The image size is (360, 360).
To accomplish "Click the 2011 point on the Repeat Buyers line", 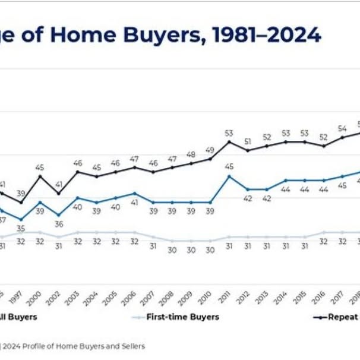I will coord(229,142).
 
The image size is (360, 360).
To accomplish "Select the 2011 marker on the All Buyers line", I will coord(229,176).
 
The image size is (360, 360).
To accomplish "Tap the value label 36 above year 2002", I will coord(59,224).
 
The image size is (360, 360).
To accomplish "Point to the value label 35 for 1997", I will coord(21,229).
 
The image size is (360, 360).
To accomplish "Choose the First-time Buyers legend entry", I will coord(175,317).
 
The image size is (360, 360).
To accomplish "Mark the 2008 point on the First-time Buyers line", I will coord(172,241).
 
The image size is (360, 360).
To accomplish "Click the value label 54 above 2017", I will coord(342,128).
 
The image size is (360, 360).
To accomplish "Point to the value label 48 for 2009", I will coord(191,154).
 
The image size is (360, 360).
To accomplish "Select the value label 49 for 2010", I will coord(210,150).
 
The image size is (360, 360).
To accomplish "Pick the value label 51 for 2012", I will coord(248,141).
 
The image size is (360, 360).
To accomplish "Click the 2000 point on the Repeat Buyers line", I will coord(40,176).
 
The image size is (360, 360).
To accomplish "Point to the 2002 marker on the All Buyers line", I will coord(59,215).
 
